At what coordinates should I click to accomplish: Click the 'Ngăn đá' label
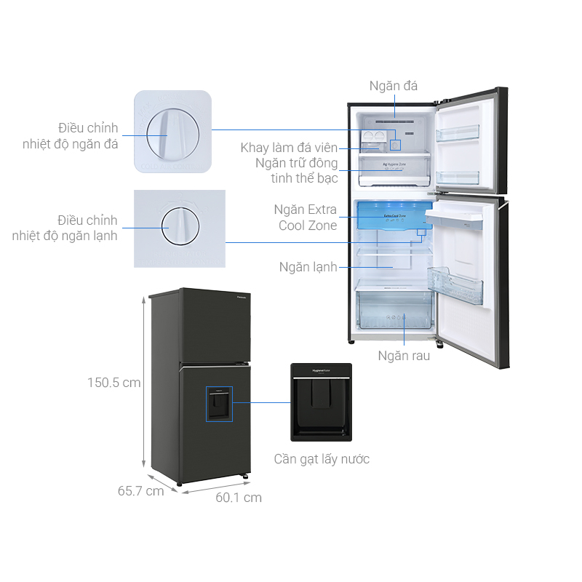(x=393, y=86)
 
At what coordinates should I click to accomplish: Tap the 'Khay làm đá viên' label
(x=289, y=148)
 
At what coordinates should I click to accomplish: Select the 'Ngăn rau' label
(x=404, y=356)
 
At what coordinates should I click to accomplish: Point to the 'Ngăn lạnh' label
(x=308, y=267)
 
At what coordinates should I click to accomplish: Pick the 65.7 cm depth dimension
(x=141, y=491)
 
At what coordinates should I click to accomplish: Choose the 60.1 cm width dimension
(x=239, y=498)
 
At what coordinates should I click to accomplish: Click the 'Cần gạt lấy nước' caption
(x=322, y=459)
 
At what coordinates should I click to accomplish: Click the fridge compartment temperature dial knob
(x=180, y=226)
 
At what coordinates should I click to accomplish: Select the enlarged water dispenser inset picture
(x=321, y=402)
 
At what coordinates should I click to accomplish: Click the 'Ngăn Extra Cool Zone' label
(x=306, y=218)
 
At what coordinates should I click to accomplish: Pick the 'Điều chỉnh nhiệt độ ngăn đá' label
(x=71, y=135)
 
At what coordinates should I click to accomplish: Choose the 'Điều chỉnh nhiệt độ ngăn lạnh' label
(x=65, y=227)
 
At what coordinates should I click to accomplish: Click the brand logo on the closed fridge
(x=242, y=296)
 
